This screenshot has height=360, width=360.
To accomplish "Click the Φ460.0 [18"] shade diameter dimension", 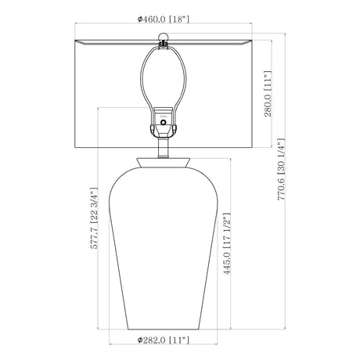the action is tap(164, 19).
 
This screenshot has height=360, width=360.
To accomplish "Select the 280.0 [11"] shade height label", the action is tap(268, 94).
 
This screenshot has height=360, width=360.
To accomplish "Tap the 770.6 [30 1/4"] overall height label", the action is tap(282, 169).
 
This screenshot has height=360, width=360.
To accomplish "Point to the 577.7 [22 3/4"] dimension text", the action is tap(94, 218).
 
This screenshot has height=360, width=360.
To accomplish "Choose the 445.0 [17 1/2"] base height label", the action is tap(227, 244).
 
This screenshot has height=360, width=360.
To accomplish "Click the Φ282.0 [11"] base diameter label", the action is tap(164, 340).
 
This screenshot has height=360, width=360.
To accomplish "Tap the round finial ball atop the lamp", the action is tap(164, 37).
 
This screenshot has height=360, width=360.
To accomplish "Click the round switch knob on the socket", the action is tap(164, 122).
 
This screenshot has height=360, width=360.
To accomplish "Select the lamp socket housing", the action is tap(164, 122).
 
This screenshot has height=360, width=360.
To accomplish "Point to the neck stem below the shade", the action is tap(164, 148).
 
